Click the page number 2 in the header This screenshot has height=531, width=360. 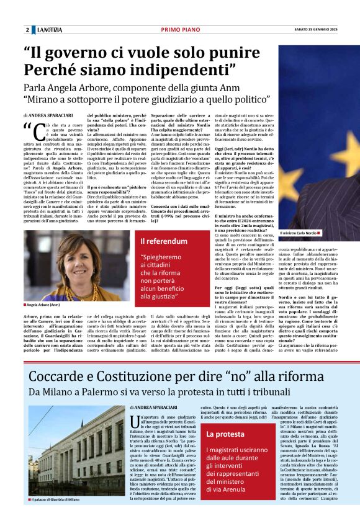click(27, 30)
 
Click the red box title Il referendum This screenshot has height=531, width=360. click(164, 241)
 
